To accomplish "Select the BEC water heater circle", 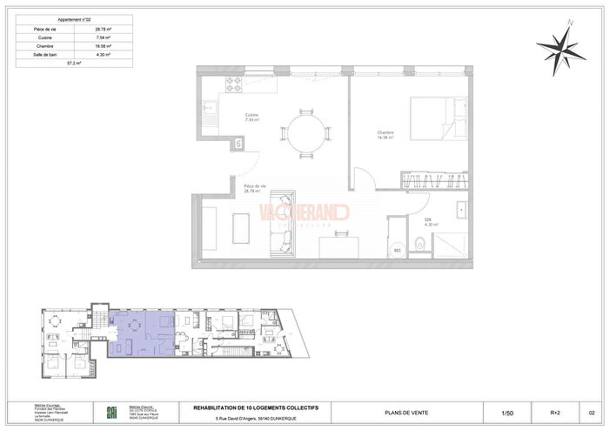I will click(x=398, y=246).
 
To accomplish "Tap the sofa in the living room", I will click(x=283, y=234).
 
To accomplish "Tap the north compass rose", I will click(x=561, y=48).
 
